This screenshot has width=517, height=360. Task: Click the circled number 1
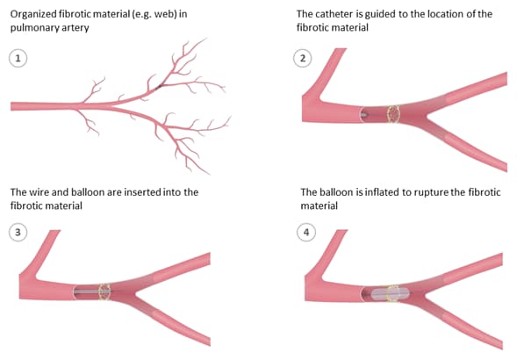(x=18, y=59)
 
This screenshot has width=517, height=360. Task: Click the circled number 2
(x=302, y=59)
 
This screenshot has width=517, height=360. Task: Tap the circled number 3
(x=18, y=233)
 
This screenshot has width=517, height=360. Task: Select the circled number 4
(x=306, y=233)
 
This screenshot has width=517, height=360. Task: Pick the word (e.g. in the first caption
(x=142, y=15)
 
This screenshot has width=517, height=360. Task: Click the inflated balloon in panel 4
(x=391, y=293)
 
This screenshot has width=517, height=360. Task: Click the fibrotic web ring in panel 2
(x=393, y=114)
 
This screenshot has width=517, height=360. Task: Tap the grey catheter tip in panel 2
(x=363, y=115)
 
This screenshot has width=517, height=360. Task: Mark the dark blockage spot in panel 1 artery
(x=159, y=87)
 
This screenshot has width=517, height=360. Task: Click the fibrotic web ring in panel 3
(x=104, y=292)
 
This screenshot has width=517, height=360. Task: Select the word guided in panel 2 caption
(x=380, y=15)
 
